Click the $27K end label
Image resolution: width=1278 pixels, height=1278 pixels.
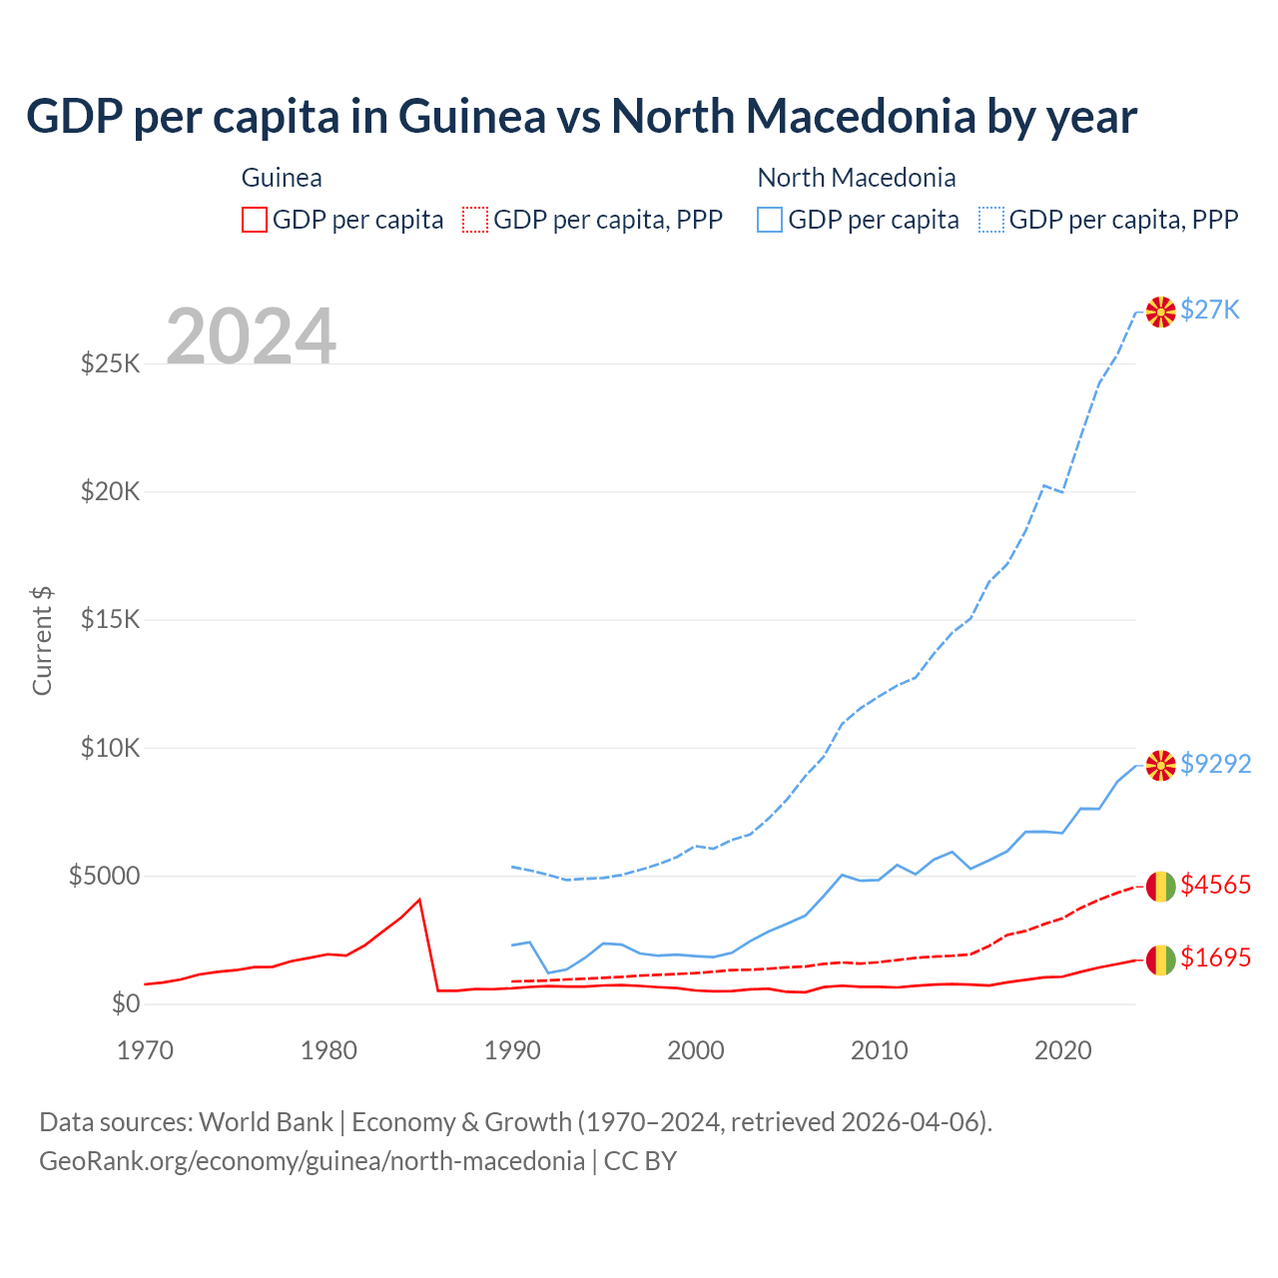pyautogui.click(x=1209, y=310)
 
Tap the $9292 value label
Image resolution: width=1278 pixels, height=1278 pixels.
pyautogui.click(x=1215, y=764)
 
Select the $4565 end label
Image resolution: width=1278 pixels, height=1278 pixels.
pyautogui.click(x=1215, y=885)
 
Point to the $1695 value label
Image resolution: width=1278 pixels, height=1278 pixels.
pyautogui.click(x=1215, y=958)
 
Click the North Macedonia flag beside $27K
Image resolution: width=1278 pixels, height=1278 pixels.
pyautogui.click(x=1160, y=312)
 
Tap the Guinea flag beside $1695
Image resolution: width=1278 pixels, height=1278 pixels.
pyautogui.click(x=1160, y=959)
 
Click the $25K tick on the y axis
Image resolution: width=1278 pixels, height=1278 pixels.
pyautogui.click(x=111, y=363)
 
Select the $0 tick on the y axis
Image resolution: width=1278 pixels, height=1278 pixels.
pyautogui.click(x=126, y=1004)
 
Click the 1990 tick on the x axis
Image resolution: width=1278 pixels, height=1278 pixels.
pyautogui.click(x=512, y=1050)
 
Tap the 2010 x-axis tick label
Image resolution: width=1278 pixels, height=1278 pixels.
pyautogui.click(x=880, y=1050)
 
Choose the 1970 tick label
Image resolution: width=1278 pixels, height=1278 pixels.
pyautogui.click(x=146, y=1050)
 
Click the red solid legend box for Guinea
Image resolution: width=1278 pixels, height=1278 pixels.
pyautogui.click(x=255, y=220)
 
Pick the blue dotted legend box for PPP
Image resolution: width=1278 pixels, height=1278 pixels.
pyautogui.click(x=992, y=220)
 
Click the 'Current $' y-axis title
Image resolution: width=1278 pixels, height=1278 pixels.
pyautogui.click(x=42, y=641)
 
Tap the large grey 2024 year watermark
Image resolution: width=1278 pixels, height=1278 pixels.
pyautogui.click(x=251, y=336)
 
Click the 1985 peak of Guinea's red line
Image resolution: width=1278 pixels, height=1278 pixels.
pyautogui.click(x=419, y=900)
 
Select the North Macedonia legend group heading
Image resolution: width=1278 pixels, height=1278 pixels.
pyautogui.click(x=857, y=178)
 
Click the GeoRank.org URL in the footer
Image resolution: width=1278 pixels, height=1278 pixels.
pyautogui.click(x=312, y=1161)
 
